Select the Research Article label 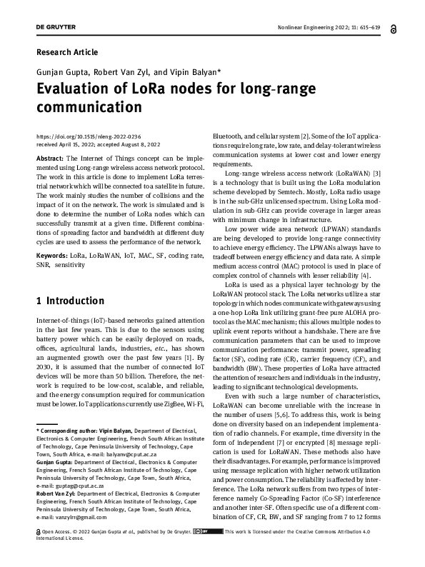coord(66,52)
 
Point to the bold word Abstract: coord(50,157)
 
